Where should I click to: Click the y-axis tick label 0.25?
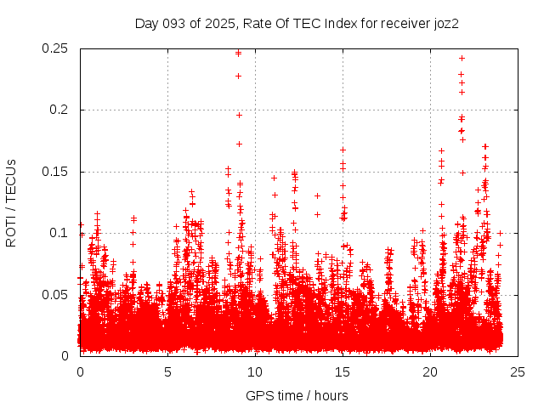click(x=55, y=48)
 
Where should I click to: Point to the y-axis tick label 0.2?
click(x=59, y=110)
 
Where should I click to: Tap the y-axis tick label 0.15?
click(x=55, y=172)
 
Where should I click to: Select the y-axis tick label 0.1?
click(x=59, y=233)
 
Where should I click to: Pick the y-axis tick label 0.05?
click(x=55, y=294)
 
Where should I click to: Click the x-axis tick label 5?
click(x=167, y=371)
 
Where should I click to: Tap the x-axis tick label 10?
click(x=255, y=371)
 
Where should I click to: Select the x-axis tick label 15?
click(x=343, y=371)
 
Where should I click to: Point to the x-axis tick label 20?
click(x=430, y=371)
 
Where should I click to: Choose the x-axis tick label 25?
click(x=518, y=371)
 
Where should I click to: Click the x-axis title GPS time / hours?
click(x=297, y=395)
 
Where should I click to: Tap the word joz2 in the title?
click(x=444, y=23)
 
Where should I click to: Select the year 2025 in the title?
click(x=220, y=23)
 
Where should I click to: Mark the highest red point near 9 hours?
click(x=239, y=53)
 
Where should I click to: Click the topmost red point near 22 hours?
click(x=462, y=58)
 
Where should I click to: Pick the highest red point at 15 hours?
click(x=343, y=150)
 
